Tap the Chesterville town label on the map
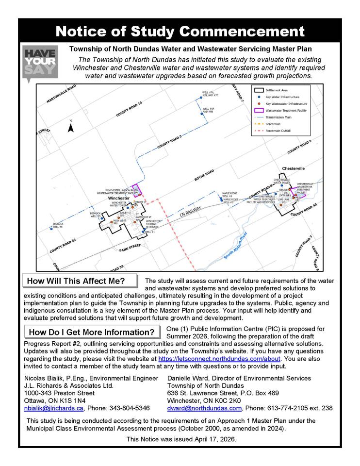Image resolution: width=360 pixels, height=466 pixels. (294, 168)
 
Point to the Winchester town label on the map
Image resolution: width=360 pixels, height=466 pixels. (118, 199)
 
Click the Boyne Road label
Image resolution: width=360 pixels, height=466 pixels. (204, 175)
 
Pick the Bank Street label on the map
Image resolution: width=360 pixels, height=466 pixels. (130, 246)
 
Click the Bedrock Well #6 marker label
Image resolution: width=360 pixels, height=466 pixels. (58, 225)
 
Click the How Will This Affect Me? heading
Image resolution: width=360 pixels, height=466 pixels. (76, 281)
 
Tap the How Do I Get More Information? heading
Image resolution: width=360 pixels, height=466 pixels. (92, 332)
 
